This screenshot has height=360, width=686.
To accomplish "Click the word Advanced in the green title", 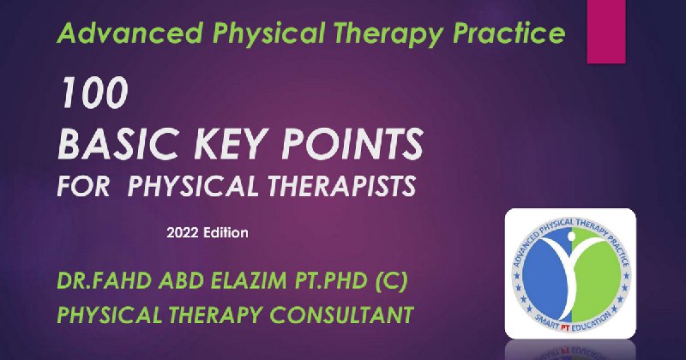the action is point(130,33).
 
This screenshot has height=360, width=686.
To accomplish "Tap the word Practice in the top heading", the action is point(508,33).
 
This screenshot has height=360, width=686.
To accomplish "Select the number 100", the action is point(93,93).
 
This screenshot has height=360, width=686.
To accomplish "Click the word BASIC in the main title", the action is point(118,144).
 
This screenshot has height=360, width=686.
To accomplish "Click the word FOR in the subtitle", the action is point(83,186).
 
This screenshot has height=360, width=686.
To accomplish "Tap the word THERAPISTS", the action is point(341,186).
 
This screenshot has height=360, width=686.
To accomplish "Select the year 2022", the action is point(183,232).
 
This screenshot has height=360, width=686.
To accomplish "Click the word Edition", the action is point(226,232).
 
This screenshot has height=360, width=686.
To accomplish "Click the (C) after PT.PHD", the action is point(392,281).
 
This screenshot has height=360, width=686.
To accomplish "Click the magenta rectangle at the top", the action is point(606,32).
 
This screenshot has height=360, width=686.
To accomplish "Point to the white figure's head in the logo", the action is point(571,237).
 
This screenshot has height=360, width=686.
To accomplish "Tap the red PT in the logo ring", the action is point(565,328).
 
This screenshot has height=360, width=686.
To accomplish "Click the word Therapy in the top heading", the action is point(388,34).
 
